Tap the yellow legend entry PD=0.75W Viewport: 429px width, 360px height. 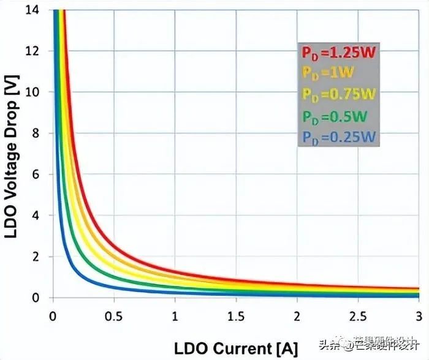point(338,94)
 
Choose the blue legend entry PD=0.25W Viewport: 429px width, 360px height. point(338,135)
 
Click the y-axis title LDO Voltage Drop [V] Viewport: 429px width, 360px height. point(12,153)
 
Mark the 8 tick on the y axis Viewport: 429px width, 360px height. point(37,133)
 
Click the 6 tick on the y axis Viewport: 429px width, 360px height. point(37,174)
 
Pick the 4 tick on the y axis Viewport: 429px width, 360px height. point(37,216)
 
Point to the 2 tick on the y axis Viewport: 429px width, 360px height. point(37,257)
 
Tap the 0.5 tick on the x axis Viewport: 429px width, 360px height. point(113,318)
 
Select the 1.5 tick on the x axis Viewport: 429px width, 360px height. point(236,318)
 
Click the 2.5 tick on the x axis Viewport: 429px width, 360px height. point(359,318)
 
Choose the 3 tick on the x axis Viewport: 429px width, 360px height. point(419,318)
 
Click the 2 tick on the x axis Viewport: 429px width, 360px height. point(297,318)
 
